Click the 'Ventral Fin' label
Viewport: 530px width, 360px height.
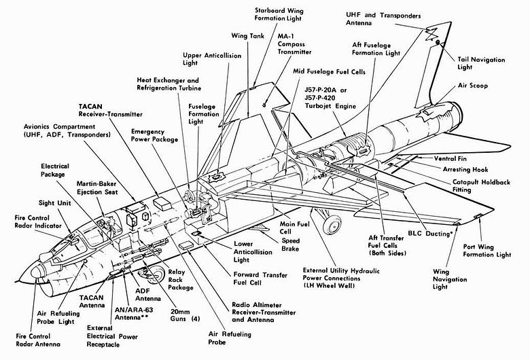coord(454,159)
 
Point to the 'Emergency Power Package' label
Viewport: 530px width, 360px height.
coord(155,135)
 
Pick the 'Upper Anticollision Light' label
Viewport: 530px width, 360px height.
coord(203,60)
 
